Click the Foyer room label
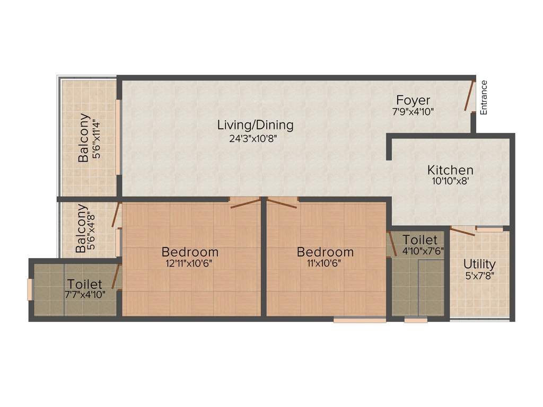[413, 100]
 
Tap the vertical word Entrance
[483, 97]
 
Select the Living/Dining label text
[255, 125]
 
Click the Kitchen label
[450, 170]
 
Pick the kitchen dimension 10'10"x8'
[450, 181]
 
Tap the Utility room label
[479, 264]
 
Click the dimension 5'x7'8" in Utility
[479, 275]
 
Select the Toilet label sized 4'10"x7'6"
[419, 240]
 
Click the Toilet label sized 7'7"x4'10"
[84, 285]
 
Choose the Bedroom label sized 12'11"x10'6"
[190, 252]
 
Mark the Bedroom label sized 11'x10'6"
[325, 252]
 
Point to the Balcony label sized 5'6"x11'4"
[83, 137]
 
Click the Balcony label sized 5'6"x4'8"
[81, 228]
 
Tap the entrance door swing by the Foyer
[469, 96]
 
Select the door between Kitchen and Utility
[462, 230]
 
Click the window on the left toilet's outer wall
[30, 289]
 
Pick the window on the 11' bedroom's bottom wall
[360, 320]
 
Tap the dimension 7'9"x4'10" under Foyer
[413, 112]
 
